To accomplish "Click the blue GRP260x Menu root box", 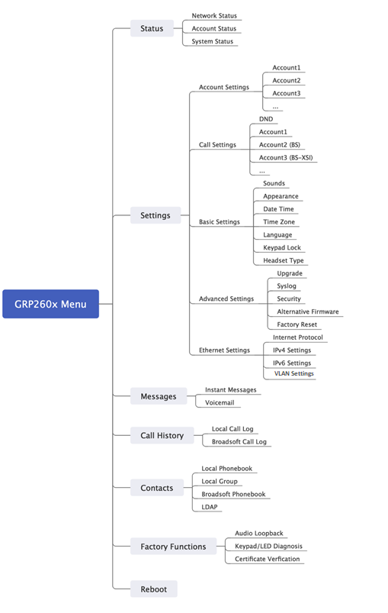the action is click(51, 304).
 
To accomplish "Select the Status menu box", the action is click(152, 28).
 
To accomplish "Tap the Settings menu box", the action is click(156, 215).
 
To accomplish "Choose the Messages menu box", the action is click(159, 396).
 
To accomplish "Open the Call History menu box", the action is click(162, 435).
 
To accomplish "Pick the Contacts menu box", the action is click(157, 488).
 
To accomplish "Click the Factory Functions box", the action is click(173, 547).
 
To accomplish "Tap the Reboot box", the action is click(154, 589).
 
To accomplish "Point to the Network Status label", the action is click(214, 15).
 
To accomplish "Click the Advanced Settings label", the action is click(226, 298).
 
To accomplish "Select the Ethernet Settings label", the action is click(224, 350).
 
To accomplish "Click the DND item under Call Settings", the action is click(266, 119).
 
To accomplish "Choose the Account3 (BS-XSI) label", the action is click(286, 157).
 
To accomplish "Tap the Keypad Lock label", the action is click(282, 247).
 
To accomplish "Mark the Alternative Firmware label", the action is click(308, 311).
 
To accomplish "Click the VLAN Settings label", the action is click(294, 373).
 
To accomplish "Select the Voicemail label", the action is click(220, 402).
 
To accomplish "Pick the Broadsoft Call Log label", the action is click(239, 442).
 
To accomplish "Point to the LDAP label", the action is click(210, 507).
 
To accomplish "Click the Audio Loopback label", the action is click(259, 534).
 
